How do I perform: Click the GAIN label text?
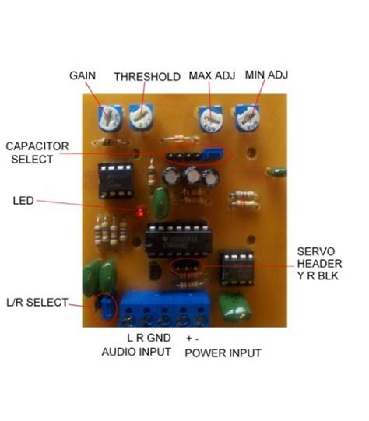point(83,76)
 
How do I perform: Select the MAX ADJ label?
point(212,76)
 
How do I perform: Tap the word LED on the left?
point(23,200)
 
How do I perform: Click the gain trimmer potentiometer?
point(107,118)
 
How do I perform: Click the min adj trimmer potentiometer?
point(249,119)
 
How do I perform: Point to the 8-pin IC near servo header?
point(234,267)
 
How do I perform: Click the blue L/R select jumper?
point(102,310)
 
